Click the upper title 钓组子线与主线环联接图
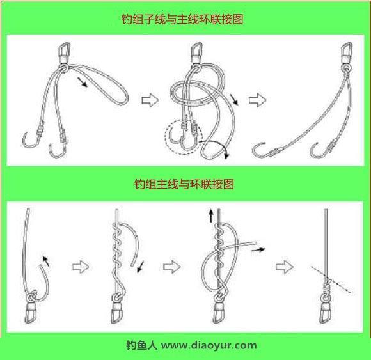[x=182, y=19]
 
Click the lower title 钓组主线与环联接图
[x=184, y=184]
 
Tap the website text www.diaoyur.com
[x=209, y=345]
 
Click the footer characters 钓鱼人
[x=141, y=345]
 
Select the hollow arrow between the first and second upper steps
[x=150, y=100]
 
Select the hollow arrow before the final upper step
[x=257, y=100]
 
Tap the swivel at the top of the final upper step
[x=347, y=56]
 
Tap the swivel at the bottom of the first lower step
[x=31, y=308]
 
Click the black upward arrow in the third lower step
[x=211, y=215]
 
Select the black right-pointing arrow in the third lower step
[x=258, y=249]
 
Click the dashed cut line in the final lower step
[x=331, y=279]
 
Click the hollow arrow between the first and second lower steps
[x=81, y=267]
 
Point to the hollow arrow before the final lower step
[x=285, y=267]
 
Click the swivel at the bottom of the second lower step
[x=117, y=309]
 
